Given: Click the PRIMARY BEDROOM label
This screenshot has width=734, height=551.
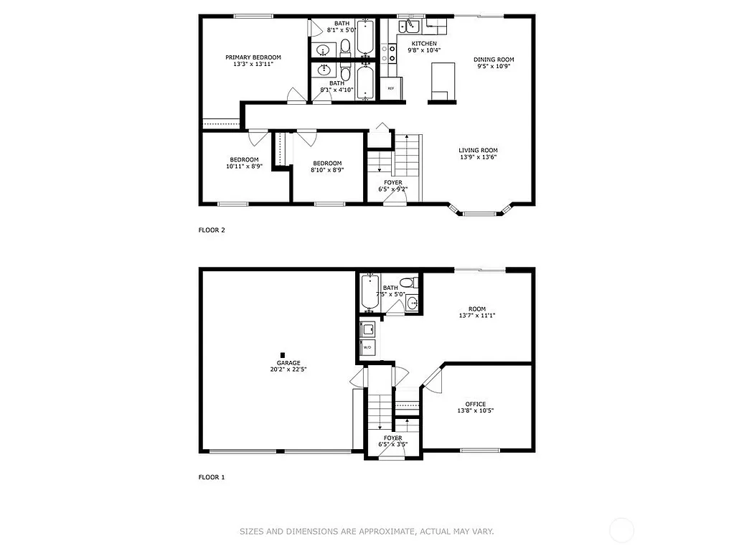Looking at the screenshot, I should click(253, 57).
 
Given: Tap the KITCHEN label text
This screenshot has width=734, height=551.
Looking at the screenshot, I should click(423, 44).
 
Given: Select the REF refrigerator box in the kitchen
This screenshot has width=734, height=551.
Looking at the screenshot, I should click(391, 88).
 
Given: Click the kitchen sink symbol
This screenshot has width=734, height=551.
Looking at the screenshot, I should click(412, 27).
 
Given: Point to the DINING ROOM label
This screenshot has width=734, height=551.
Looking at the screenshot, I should click(494, 60).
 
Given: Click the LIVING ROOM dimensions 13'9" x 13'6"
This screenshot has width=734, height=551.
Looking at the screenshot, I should click(478, 158).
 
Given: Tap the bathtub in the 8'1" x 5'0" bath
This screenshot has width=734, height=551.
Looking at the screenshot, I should click(364, 37).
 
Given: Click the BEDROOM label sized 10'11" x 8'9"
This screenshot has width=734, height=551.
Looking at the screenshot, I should click(244, 159).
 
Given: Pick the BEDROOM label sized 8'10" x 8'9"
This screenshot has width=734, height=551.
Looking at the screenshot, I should click(326, 163).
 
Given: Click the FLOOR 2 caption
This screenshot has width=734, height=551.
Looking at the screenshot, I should click(212, 230).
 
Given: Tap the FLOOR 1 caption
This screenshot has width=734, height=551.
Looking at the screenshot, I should click(212, 476).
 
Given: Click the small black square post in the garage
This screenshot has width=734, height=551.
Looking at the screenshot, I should click(283, 354).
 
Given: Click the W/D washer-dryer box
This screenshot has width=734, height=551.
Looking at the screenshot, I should click(368, 347).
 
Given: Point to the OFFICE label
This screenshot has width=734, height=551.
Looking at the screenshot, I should click(475, 404).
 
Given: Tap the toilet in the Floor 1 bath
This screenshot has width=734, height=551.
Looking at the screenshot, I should click(407, 282).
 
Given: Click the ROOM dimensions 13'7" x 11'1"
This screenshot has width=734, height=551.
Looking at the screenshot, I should click(477, 316).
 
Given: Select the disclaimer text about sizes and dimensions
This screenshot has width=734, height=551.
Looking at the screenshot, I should click(367, 532).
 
